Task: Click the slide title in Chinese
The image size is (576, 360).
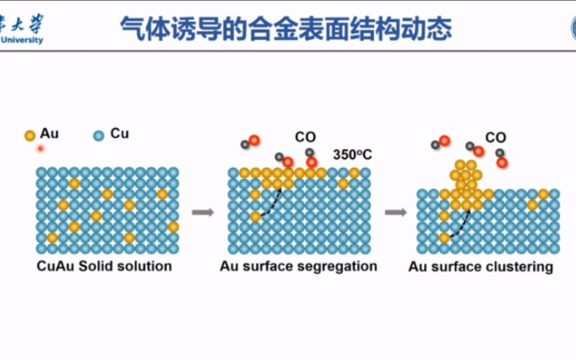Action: point(286,28)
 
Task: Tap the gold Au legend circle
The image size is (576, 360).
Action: point(30,135)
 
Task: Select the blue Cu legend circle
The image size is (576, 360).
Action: point(98,135)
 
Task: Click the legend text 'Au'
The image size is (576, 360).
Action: point(49,134)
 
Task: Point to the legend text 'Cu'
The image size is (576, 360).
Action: point(120,134)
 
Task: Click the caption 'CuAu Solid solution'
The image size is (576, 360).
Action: point(104,266)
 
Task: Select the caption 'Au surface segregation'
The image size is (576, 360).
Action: point(299,266)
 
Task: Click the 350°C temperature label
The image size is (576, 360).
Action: point(352,154)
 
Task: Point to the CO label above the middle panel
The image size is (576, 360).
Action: point(305,137)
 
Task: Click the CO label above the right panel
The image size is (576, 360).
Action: point(495,137)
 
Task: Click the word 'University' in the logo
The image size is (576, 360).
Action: point(22,40)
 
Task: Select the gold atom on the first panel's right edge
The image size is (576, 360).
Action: point(174,226)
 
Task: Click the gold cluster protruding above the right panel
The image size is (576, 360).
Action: point(465,180)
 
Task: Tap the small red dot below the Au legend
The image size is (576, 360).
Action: point(39,148)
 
